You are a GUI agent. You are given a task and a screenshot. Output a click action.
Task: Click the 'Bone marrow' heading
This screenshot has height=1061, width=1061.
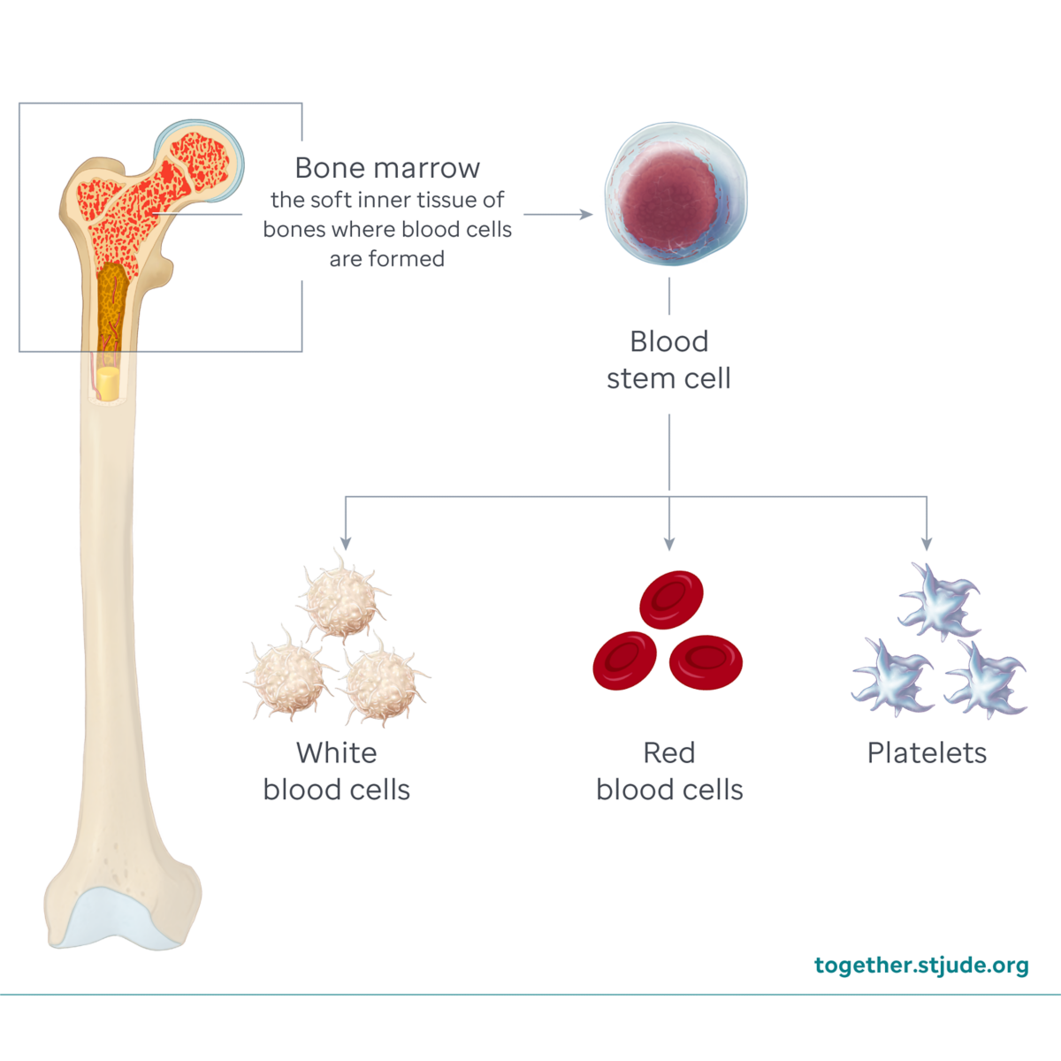click(387, 168)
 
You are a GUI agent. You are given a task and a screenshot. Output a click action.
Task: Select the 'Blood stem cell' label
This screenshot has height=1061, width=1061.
click(668, 360)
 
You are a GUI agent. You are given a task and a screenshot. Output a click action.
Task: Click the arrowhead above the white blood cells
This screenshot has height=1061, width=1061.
click(346, 542)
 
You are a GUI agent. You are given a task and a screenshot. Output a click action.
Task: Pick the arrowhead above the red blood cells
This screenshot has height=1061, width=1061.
click(669, 542)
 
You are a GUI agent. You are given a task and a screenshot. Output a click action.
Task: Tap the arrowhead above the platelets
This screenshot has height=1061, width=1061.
click(927, 542)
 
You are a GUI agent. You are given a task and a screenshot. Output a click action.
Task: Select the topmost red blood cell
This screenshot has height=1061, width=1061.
click(672, 599)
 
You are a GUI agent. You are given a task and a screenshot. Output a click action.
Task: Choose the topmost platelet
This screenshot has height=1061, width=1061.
click(939, 601)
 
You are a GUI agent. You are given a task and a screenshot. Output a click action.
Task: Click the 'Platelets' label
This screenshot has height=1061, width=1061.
click(927, 752)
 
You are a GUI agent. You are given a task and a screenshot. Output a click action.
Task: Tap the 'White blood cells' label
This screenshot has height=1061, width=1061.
click(337, 771)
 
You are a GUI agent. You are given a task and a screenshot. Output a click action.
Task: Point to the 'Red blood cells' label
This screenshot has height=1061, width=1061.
click(669, 771)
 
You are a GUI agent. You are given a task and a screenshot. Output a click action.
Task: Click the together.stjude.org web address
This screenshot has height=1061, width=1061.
click(921, 965)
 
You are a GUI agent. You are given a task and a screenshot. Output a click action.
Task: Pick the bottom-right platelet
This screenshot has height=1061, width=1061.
click(986, 679)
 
